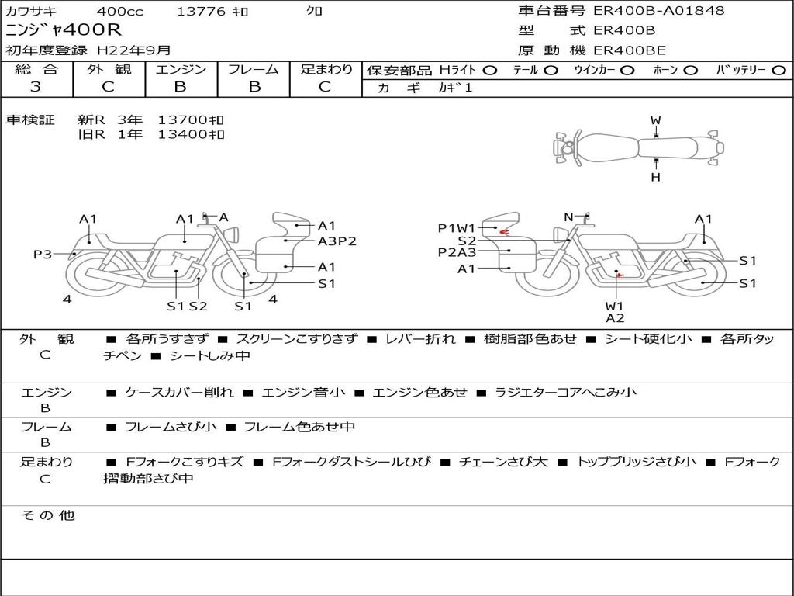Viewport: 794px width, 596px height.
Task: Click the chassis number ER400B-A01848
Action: pyautogui.click(x=659, y=10)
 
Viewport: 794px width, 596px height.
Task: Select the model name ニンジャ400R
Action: pyautogui.click(x=64, y=29)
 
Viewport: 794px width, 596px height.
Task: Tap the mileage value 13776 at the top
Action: pyautogui.click(x=201, y=11)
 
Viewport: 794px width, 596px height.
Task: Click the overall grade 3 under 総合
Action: pyautogui.click(x=36, y=86)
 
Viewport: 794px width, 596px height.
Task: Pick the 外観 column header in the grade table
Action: pyautogui.click(x=109, y=69)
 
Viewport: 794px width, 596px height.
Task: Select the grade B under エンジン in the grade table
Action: pyautogui.click(x=180, y=86)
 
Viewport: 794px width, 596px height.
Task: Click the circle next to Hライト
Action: pyautogui.click(x=490, y=70)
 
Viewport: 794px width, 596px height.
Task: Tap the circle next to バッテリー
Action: pyautogui.click(x=779, y=70)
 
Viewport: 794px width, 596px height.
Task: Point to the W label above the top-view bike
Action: pyautogui.click(x=656, y=120)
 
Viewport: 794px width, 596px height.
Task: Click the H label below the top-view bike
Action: pyautogui.click(x=656, y=177)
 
